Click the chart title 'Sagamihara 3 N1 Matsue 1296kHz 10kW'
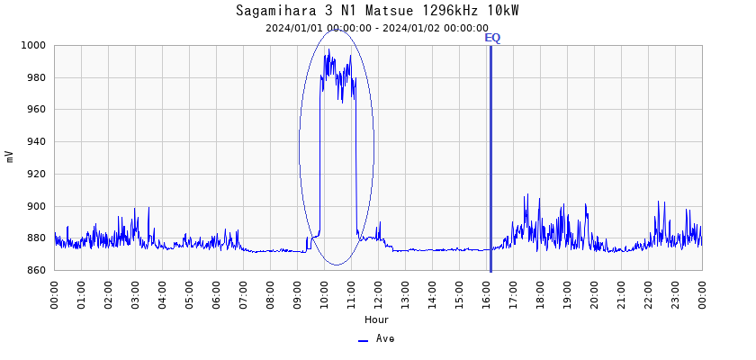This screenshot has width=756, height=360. coord(377,11)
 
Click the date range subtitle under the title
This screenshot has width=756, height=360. coord(377,28)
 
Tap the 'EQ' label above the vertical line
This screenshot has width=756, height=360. coord(492,38)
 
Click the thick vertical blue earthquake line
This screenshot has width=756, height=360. coord(490,162)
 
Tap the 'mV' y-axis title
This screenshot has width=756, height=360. coord(10,157)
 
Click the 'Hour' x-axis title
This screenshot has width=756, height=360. coord(377,319)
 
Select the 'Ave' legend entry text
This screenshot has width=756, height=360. coord(385,339)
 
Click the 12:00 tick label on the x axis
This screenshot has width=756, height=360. coord(379,292)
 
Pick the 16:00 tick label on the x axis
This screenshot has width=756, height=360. coord(487,292)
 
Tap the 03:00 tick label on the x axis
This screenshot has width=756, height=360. coord(136,292)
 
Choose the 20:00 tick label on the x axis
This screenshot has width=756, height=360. coord(595,292)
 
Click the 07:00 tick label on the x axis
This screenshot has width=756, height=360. coord(244,292)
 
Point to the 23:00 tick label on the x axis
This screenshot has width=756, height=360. coord(676,292)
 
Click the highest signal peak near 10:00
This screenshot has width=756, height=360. coord(328,49)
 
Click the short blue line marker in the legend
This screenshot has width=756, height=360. coord(363,340)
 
